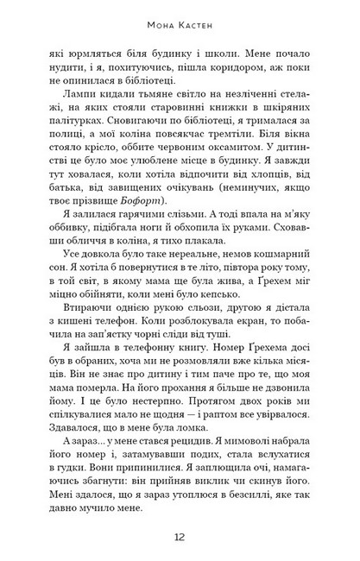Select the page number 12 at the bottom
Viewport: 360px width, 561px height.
click(x=180, y=536)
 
